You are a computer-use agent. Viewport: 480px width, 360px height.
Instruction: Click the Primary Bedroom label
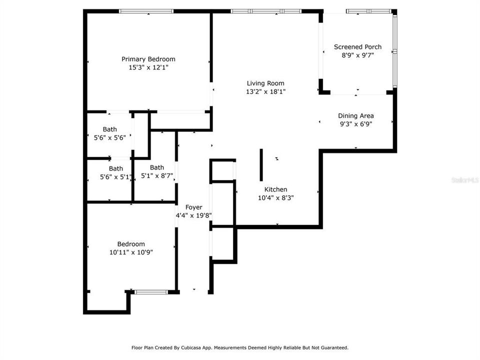pos(148,59)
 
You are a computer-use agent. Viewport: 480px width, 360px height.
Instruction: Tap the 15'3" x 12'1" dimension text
pos(148,67)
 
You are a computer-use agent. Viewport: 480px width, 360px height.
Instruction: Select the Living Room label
pos(265,83)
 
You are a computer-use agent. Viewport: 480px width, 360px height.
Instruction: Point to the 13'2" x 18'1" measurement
pos(265,91)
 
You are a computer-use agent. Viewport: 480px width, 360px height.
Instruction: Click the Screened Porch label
pos(357,47)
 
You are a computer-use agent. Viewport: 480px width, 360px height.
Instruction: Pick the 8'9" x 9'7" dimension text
pos(357,55)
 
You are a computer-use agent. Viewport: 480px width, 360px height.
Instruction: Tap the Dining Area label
pos(356,116)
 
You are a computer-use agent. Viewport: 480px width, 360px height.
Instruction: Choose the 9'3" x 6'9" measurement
pos(356,124)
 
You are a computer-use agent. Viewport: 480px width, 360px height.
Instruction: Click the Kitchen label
pos(276,189)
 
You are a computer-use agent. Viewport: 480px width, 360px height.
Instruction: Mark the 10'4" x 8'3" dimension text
pos(276,197)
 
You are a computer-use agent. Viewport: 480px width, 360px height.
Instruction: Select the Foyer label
pos(193,207)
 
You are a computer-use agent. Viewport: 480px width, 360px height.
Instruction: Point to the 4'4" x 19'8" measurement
pos(193,216)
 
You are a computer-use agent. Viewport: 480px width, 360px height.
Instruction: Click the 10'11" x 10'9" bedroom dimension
pos(131,252)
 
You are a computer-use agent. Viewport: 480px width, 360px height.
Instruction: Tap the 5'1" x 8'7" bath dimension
pos(157,176)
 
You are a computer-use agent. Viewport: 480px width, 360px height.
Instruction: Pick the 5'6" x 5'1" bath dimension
pos(115,176)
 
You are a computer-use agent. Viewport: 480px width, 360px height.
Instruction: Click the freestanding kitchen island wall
pos(261,164)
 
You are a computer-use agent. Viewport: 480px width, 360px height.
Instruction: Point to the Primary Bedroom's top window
pos(146,11)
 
